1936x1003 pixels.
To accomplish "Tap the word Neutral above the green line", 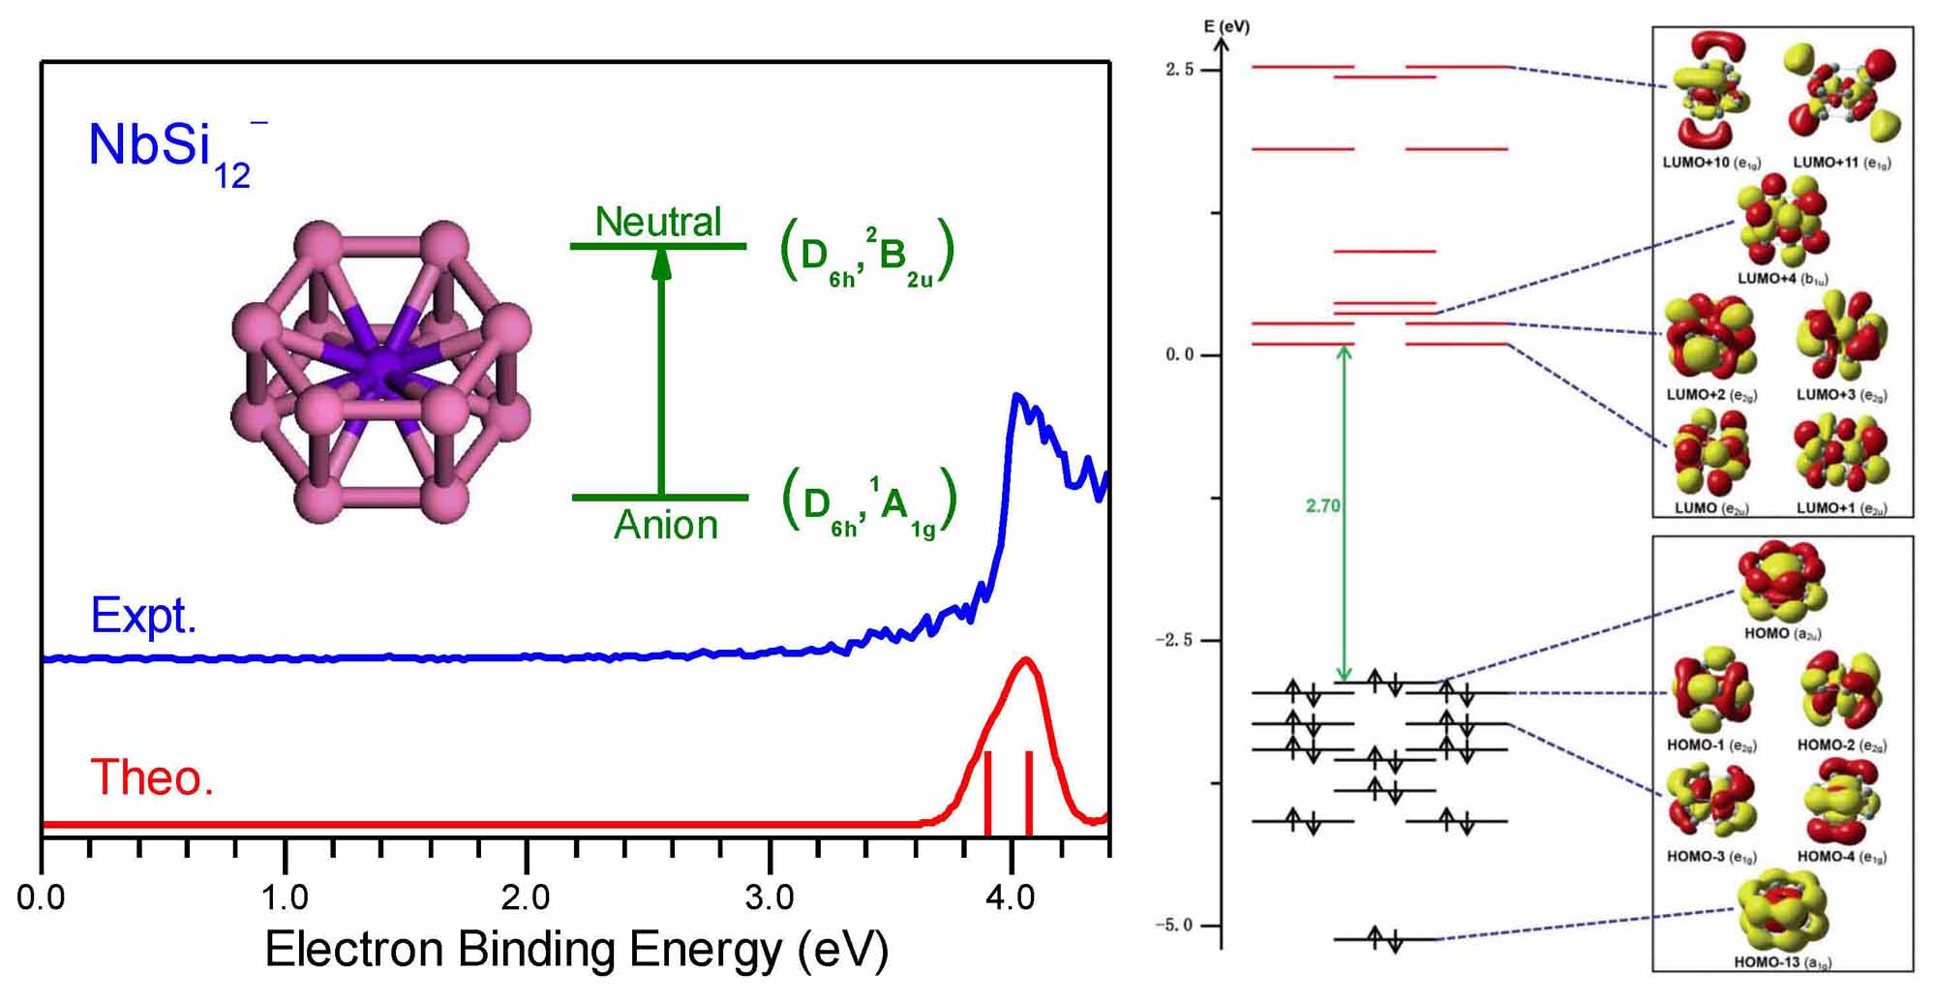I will [x=658, y=223].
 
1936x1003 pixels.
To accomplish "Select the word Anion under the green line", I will [x=666, y=526].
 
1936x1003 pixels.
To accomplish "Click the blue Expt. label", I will [x=143, y=616].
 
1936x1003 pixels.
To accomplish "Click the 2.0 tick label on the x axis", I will [x=526, y=898].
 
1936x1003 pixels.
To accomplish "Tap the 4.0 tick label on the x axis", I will [x=1011, y=898].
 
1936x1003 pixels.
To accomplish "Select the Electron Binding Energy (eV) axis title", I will [x=576, y=950].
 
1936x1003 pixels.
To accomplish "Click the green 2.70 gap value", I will [x=1322, y=505].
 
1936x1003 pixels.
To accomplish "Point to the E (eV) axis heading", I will [x=1226, y=26].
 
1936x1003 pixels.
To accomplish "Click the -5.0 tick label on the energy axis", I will [x=1173, y=925].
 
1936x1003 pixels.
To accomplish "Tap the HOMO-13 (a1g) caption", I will [x=1782, y=962].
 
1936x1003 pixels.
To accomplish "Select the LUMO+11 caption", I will [x=1841, y=163].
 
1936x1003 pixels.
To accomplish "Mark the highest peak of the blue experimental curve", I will [x=1016, y=396].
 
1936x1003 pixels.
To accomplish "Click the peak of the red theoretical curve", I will [x=1025, y=660].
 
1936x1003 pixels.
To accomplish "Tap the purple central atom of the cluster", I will [x=382, y=369].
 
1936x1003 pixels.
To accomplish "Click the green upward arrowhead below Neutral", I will [x=661, y=263].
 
